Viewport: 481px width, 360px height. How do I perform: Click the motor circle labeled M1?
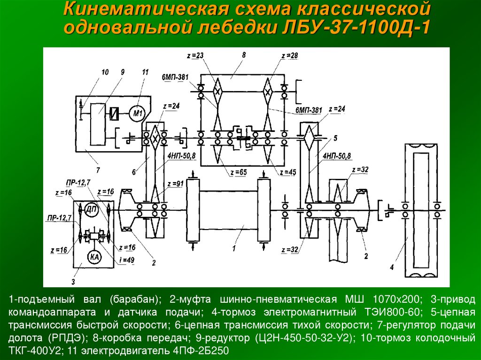pos(137,113)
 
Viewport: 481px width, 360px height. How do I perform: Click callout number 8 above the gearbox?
pos(244,55)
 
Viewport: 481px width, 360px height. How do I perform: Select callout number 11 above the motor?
pos(145,72)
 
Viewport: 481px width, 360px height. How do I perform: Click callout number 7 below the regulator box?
pos(97,169)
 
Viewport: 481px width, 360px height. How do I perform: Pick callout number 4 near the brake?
pos(390,268)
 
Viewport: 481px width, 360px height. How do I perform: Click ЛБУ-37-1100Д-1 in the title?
pos(359,28)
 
